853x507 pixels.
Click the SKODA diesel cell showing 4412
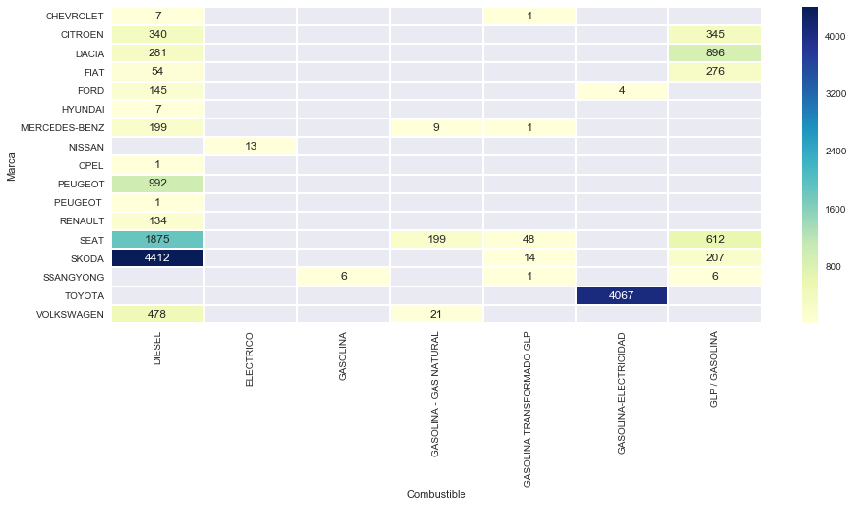157,258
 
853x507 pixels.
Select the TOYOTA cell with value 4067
622,295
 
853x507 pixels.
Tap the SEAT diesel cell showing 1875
157,239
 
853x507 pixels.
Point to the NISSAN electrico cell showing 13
250,146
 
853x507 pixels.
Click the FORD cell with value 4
622,90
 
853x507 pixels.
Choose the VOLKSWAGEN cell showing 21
435,314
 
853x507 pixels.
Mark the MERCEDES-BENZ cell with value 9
435,127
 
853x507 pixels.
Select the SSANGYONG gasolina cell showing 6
343,277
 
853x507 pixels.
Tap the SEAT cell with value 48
529,239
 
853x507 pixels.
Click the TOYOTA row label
84,295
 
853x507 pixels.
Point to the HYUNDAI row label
82,109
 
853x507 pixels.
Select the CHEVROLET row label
74,16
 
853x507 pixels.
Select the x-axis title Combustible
435,494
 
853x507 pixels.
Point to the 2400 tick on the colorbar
836,152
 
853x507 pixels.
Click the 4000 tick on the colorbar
836,37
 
